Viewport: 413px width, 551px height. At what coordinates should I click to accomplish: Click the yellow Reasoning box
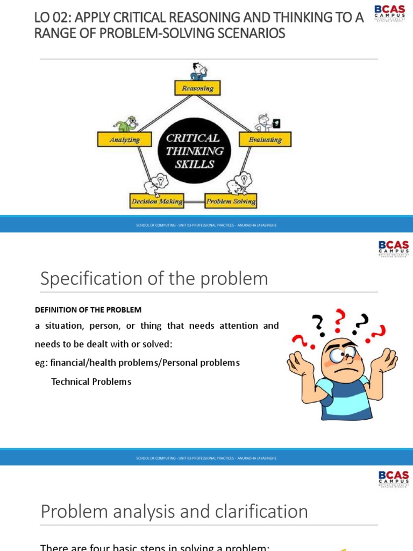[197, 88]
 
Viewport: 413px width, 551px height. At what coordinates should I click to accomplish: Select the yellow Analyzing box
[124, 139]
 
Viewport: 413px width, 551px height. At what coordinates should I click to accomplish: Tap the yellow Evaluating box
[265, 139]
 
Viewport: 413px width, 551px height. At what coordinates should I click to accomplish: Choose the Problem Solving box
[231, 202]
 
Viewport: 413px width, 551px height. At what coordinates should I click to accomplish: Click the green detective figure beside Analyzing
[129, 124]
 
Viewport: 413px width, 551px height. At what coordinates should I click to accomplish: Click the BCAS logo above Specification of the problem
[394, 249]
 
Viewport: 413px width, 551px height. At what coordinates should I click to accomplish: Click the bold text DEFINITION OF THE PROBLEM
[88, 310]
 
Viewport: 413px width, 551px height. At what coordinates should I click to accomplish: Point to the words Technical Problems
[91, 382]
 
